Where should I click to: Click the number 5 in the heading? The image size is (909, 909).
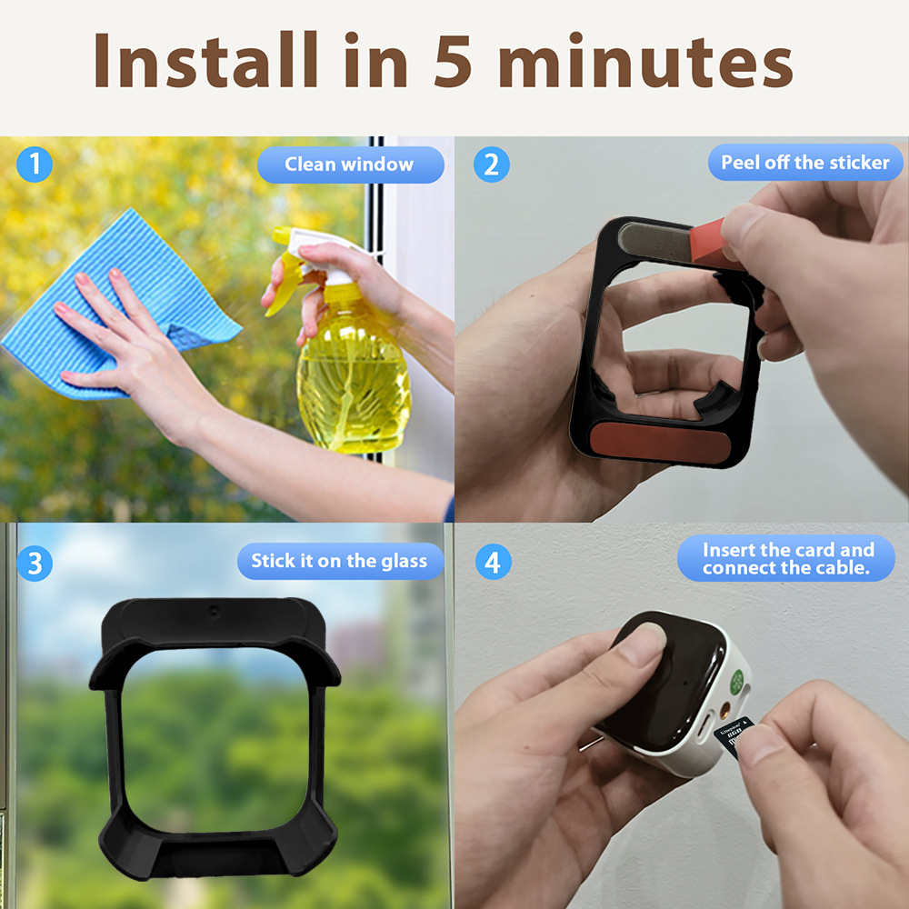coord(452,61)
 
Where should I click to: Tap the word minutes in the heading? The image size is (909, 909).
coord(645,60)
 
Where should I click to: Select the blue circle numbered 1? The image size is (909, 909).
coord(35,164)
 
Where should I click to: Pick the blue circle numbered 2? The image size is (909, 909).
coord(491,165)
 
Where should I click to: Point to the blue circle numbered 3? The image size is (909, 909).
coord(35,563)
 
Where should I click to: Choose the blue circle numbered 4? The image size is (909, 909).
coord(493,562)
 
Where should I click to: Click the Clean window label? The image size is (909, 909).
coord(350,165)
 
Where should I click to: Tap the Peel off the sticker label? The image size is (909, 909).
coord(805,163)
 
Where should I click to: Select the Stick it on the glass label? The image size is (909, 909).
coord(340,561)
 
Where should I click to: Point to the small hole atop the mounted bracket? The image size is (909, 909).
coord(214,611)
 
